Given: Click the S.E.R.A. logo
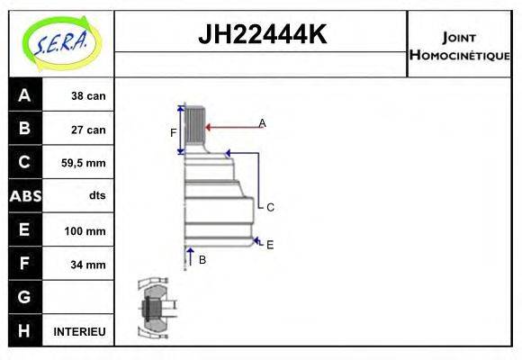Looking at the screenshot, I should [x=60, y=41].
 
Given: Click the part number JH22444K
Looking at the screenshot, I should [x=261, y=35].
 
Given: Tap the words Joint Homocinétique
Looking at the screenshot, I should [x=459, y=44].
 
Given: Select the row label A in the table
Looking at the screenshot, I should [x=24, y=95].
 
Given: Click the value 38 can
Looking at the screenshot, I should [x=88, y=95].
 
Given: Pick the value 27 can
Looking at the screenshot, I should [x=88, y=130].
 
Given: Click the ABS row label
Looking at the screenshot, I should [x=24, y=196].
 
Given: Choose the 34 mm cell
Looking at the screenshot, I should [x=88, y=265].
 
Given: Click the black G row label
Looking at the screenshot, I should [x=24, y=297].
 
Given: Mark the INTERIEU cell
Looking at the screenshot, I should [x=79, y=331].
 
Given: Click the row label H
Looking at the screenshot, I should [x=24, y=331].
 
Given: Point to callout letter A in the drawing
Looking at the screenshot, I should [x=262, y=122].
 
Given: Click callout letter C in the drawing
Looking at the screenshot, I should [x=269, y=207].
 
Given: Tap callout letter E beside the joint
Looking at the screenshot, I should [x=269, y=244].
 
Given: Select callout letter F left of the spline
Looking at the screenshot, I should [x=174, y=132].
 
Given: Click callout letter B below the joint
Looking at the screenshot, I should [x=202, y=259].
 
